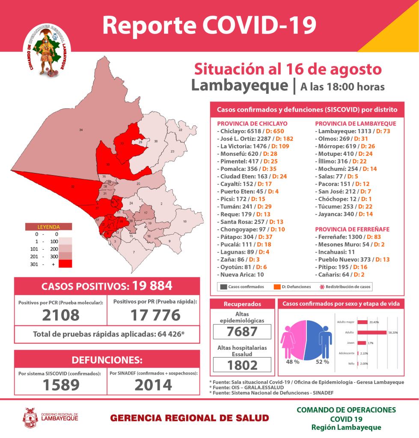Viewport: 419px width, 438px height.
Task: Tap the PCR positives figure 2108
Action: pyautogui.click(x=61, y=315)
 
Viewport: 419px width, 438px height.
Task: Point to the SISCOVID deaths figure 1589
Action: pyautogui.click(x=61, y=385)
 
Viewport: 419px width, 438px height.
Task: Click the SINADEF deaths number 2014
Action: pyautogui.click(x=153, y=385)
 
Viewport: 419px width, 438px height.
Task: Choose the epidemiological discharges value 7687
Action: pyautogui.click(x=242, y=331)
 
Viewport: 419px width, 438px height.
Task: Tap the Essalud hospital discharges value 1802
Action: pyautogui.click(x=242, y=364)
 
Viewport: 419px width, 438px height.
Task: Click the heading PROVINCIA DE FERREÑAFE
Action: pyautogui.click(x=352, y=229)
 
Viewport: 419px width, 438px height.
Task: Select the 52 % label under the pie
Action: pyautogui.click(x=322, y=362)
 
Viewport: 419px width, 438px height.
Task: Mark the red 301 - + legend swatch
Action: pyautogui.click(x=65, y=263)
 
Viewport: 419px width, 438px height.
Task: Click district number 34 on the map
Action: pyautogui.click(x=81, y=129)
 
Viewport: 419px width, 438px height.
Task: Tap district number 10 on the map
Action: pyautogui.click(x=184, y=221)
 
